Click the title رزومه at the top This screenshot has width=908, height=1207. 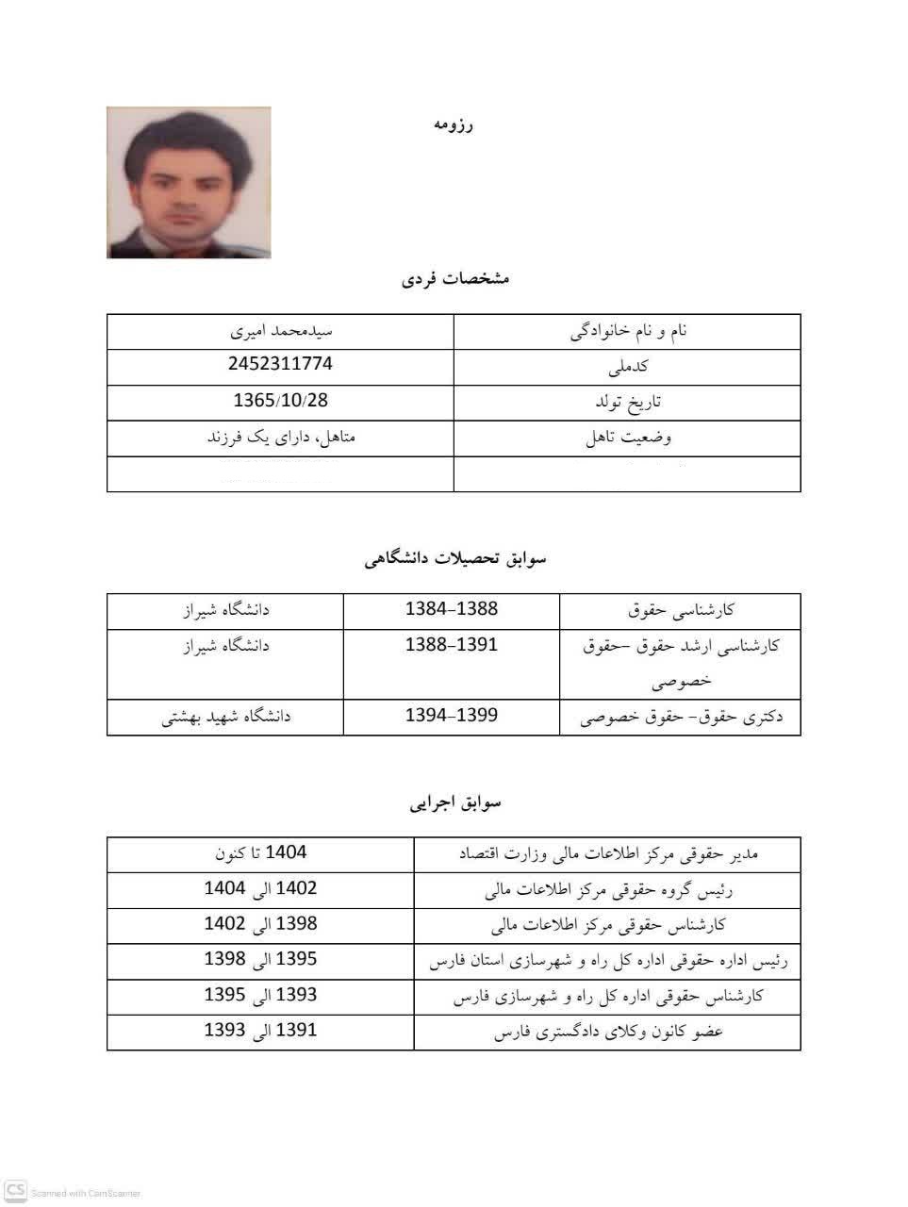point(453,124)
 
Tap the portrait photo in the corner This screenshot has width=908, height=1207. point(189,182)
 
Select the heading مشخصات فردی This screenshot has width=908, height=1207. point(455,278)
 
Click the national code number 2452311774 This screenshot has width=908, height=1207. point(280,364)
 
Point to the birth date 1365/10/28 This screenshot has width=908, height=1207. point(280,400)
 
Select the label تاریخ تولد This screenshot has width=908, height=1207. point(628,403)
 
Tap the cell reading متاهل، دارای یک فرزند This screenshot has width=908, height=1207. point(280,438)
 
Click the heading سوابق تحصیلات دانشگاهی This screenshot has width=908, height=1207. point(455,558)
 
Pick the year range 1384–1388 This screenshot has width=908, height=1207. point(451,609)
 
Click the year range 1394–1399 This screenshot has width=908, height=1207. point(451,715)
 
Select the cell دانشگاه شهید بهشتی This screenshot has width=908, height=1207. point(226,717)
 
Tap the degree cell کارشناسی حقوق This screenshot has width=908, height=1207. point(681,611)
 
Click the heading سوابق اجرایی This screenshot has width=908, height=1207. point(455,802)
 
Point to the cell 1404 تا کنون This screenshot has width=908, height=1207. point(261,853)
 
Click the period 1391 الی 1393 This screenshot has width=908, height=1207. point(261,1031)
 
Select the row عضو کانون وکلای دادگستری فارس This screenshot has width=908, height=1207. point(608,1033)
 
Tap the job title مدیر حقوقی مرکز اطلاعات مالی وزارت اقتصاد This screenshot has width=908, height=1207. point(608,854)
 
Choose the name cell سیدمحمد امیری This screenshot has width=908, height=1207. point(280,331)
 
